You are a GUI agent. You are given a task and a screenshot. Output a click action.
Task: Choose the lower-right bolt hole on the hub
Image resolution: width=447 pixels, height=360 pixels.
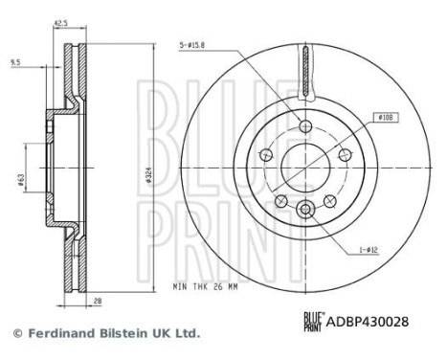[329, 201]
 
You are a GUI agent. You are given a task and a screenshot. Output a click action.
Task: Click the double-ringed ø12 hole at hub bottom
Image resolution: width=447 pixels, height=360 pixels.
[304, 211]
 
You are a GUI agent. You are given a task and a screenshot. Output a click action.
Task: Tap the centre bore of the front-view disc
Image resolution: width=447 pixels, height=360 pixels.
[304, 167]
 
